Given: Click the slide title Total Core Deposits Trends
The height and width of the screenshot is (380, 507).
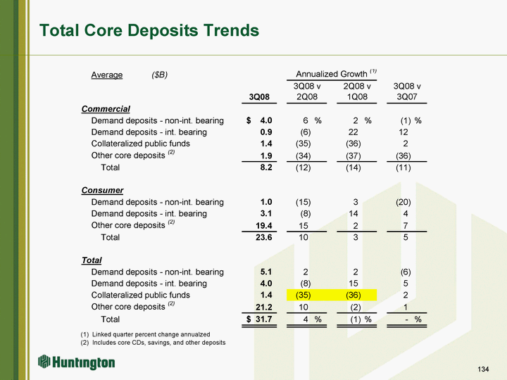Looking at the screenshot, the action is point(149,31).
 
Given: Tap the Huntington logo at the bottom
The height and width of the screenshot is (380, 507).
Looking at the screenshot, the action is point(76,362).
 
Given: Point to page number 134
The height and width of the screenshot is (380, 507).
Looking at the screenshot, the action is point(483,369).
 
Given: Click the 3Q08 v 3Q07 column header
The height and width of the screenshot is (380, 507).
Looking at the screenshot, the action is point(407,91).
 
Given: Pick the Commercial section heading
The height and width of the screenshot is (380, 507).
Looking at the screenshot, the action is point(106,109).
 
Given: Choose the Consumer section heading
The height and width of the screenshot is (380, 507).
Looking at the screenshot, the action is point(103,190).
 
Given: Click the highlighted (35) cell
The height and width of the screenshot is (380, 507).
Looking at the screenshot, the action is point(303,295).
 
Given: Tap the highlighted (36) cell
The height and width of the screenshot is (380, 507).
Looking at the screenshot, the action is point(353,295).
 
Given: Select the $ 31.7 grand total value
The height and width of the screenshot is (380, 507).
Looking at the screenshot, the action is point(259,319).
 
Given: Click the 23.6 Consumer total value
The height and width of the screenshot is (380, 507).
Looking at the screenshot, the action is point(264,237).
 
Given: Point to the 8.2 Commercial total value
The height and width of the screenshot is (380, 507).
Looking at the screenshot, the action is point(266,167).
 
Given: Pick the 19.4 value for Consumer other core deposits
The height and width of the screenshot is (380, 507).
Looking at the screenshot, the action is point(264,226).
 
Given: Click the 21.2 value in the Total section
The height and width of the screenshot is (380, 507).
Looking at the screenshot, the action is point(264,307).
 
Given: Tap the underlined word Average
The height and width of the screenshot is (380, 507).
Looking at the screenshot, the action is point(107,75).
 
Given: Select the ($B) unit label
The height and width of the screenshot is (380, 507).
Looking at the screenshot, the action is point(159,75).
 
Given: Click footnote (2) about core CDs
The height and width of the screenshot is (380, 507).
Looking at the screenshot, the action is point(153,343).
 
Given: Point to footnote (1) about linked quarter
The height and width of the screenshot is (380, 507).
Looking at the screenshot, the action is point(145,334).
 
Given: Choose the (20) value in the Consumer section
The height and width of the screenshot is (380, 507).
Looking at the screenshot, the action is point(403,202).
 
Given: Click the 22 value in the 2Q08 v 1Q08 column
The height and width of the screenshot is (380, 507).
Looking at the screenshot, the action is point(353,132).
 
